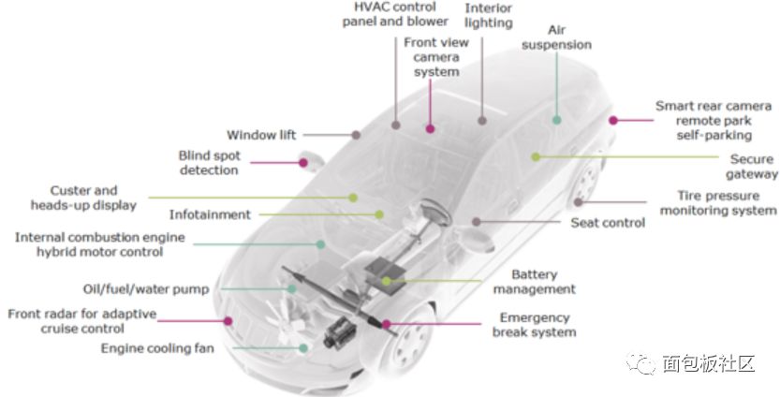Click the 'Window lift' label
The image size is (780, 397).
tap(261, 135)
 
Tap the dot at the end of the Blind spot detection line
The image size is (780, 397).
tap(303, 163)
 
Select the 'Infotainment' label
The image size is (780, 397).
tap(210, 215)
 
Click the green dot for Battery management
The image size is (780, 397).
tap(387, 282)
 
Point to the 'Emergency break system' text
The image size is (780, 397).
tap(535, 325)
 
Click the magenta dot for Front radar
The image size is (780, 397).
tap(228, 321)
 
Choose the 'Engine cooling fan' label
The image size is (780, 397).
tap(157, 348)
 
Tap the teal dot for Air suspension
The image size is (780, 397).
tap(556, 120)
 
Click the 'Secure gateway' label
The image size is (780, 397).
tap(752, 167)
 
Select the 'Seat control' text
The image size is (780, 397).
tap(608, 223)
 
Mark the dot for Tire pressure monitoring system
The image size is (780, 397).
tap(578, 202)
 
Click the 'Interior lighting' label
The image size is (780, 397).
tap(488, 15)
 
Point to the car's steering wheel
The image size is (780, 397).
tap(435, 213)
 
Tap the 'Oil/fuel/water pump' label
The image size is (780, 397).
tap(146, 289)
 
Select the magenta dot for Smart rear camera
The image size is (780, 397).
tap(613, 120)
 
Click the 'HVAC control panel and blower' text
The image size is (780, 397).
tap(395, 14)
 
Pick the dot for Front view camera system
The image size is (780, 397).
tap(431, 129)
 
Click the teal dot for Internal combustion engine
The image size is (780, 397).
tap(321, 244)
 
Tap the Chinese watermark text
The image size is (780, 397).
tap(708, 363)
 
